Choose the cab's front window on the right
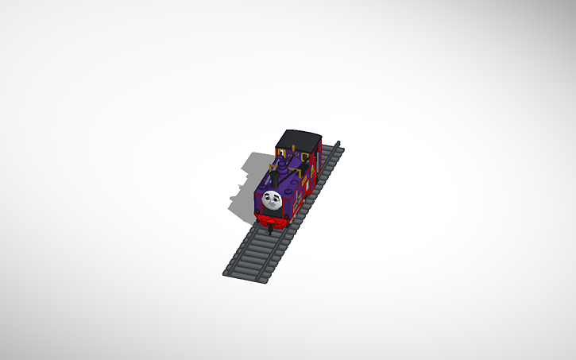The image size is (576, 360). pos(304,154)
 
